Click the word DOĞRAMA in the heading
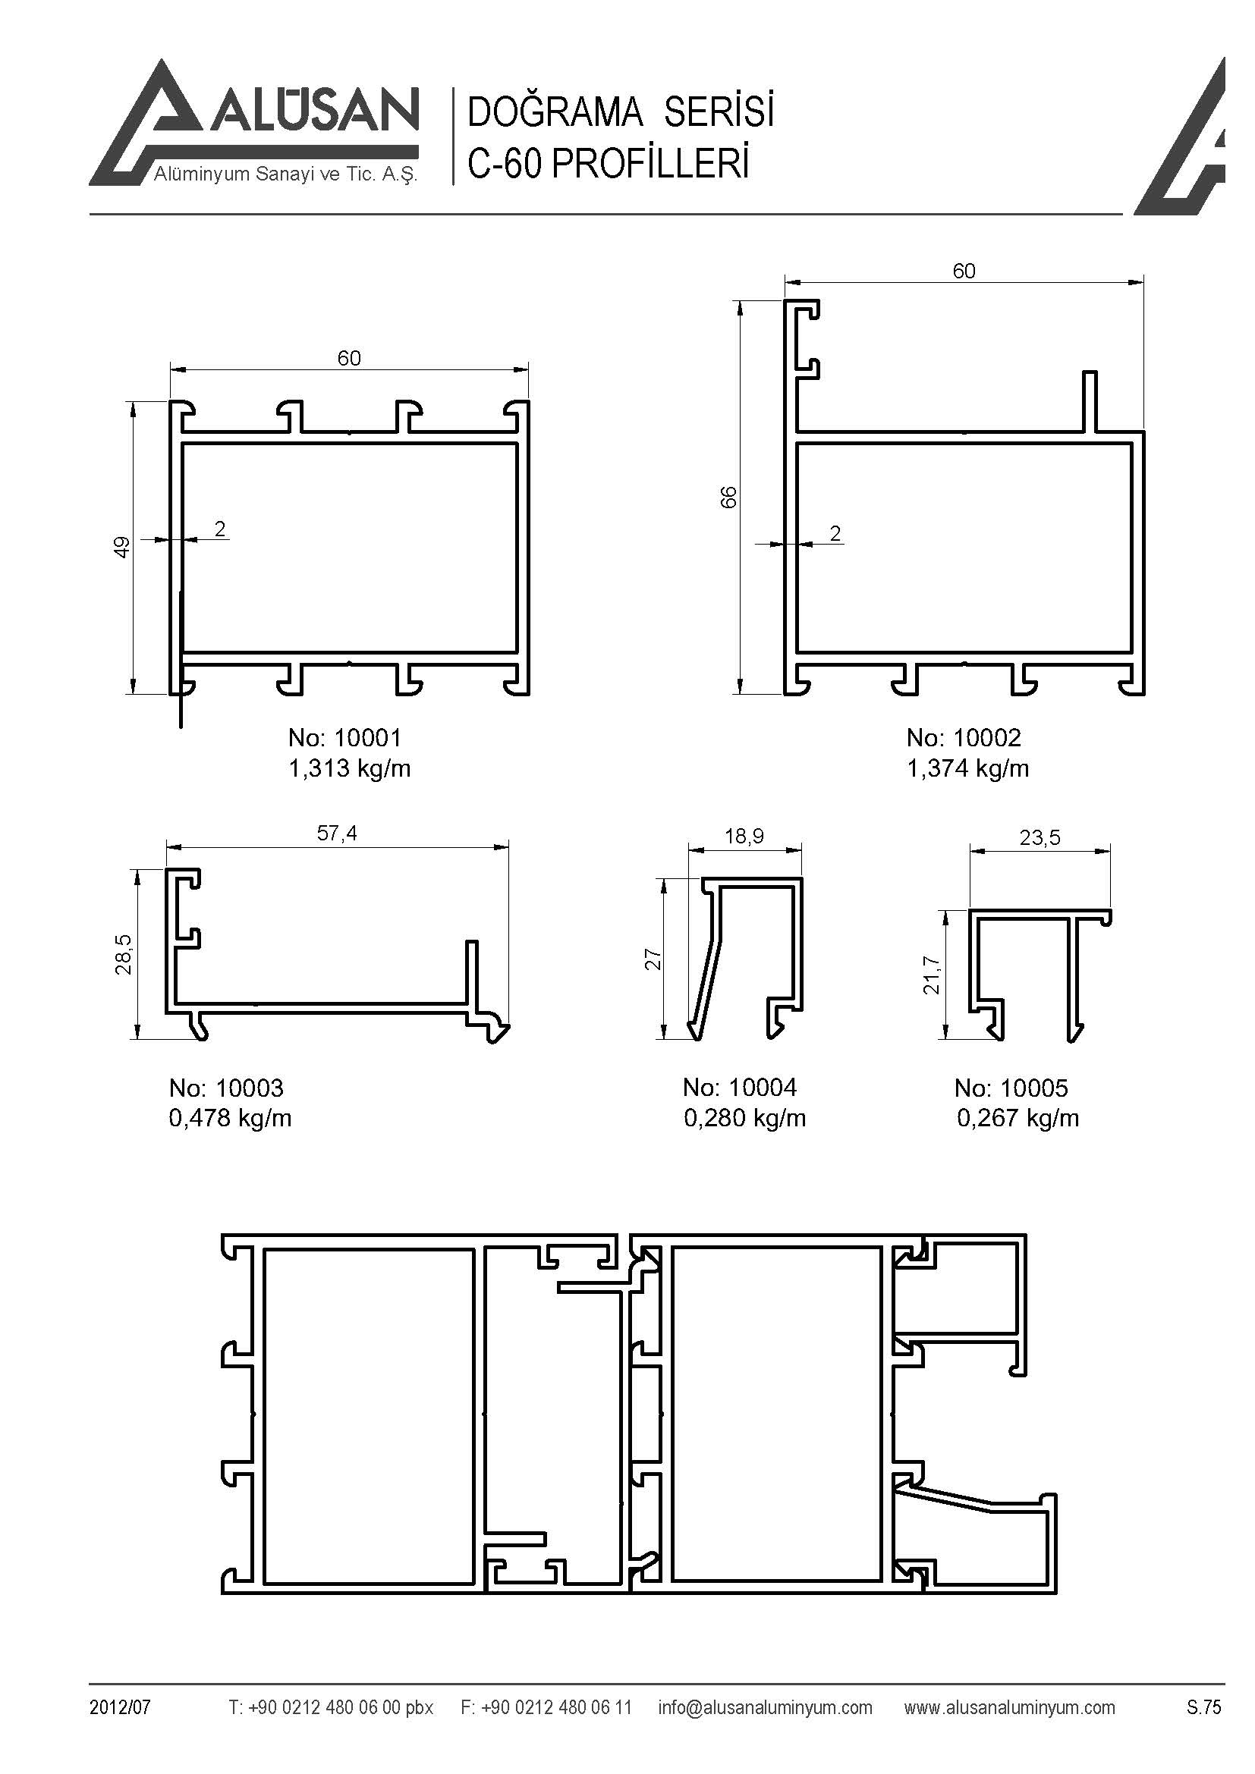click(x=555, y=113)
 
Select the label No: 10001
click(x=344, y=738)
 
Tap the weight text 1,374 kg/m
click(x=967, y=769)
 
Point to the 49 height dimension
click(x=122, y=547)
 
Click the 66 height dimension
click(x=728, y=498)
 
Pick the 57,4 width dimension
click(x=337, y=833)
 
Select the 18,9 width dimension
click(x=744, y=836)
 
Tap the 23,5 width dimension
click(x=1040, y=837)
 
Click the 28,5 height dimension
click(x=124, y=954)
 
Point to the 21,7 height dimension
click(x=932, y=975)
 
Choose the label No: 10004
click(x=740, y=1088)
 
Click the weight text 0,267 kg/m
click(x=1018, y=1118)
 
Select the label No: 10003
click(x=226, y=1088)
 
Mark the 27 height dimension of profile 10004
click(x=654, y=959)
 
